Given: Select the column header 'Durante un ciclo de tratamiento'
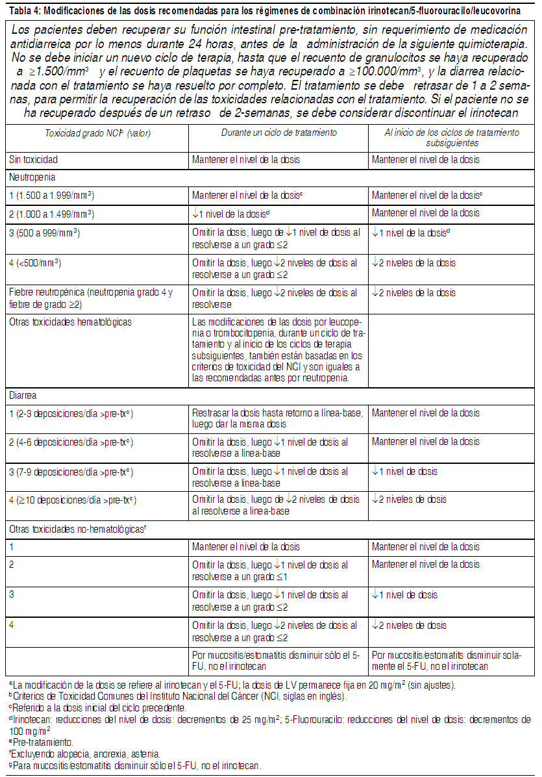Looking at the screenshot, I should pyautogui.click(x=279, y=133).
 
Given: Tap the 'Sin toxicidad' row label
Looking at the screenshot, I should pyautogui.click(x=34, y=160).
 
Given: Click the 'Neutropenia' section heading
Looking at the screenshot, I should pyautogui.click(x=32, y=177).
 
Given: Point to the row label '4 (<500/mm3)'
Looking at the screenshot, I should pyautogui.click(x=35, y=263).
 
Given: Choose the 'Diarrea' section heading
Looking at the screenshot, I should pyautogui.click(x=23, y=394).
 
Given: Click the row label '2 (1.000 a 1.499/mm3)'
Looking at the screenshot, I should pyautogui.click(x=52, y=213).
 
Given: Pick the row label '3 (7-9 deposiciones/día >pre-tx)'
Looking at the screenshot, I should pyautogui.click(x=71, y=471).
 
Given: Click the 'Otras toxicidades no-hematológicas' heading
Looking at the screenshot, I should pyautogui.click(x=77, y=529).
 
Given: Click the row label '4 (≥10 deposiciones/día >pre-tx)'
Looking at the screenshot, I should pyautogui.click(x=73, y=500).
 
